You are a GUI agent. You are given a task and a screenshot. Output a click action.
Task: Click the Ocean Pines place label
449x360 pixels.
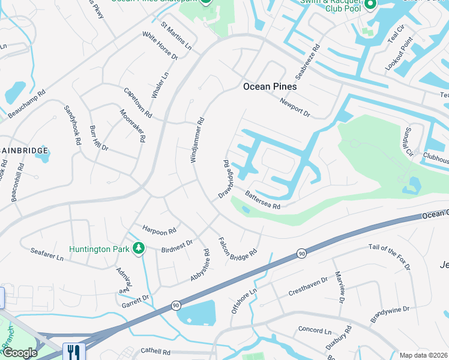point(270,86)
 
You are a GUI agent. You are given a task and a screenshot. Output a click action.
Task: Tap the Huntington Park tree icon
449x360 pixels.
point(139,248)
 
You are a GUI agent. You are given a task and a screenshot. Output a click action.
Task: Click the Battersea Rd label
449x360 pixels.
point(263,200)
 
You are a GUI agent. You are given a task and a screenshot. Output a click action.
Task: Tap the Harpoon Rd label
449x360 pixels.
point(159,229)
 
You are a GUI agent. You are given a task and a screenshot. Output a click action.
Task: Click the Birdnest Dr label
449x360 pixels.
point(176,246)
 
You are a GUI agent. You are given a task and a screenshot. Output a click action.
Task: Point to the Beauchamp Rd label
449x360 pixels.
point(26,104)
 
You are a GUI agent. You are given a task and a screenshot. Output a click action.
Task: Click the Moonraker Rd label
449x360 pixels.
point(132,125)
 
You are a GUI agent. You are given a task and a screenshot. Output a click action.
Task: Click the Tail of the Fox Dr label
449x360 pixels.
point(390,256)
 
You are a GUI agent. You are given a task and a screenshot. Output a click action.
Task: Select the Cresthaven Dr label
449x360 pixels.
point(308,284)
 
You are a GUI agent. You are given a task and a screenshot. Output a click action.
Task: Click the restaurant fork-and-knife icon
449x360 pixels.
point(74,351)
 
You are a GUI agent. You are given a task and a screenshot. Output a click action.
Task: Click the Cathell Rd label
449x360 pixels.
point(155,351)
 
